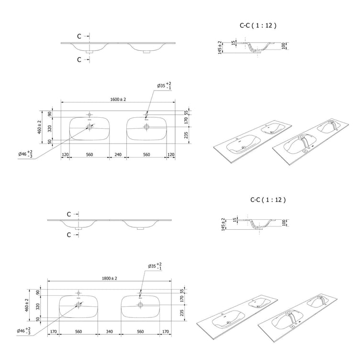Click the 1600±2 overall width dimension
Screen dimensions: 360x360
pos(118,100)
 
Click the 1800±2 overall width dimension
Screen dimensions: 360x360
pos(110,278)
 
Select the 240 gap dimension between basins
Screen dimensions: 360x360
pos(118,155)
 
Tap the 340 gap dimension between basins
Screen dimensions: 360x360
pos(110,332)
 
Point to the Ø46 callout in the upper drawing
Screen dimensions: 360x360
pos(25,154)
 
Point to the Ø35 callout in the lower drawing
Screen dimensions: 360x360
pos(155,266)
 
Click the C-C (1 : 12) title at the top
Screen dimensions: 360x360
pos(258,25)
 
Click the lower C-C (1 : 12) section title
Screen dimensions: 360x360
pos(268,200)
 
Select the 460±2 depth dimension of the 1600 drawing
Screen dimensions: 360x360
pos(39,127)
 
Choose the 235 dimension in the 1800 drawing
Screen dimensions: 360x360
pos(182,313)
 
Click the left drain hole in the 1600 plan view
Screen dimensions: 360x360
pos(90,126)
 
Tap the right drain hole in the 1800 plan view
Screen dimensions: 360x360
pos(140,305)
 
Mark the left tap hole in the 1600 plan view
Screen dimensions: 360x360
pos(90,114)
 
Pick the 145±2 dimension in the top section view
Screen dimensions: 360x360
pos(220,47)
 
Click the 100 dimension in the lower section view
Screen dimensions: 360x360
pos(284,223)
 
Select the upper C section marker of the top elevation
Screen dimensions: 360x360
pos(79,36)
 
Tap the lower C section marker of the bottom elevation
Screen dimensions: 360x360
pos(69,235)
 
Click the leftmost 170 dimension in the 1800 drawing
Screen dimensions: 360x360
pos(53,332)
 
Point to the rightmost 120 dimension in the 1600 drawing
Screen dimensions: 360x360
pos(171,155)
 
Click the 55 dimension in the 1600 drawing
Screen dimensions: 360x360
pos(186,112)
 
